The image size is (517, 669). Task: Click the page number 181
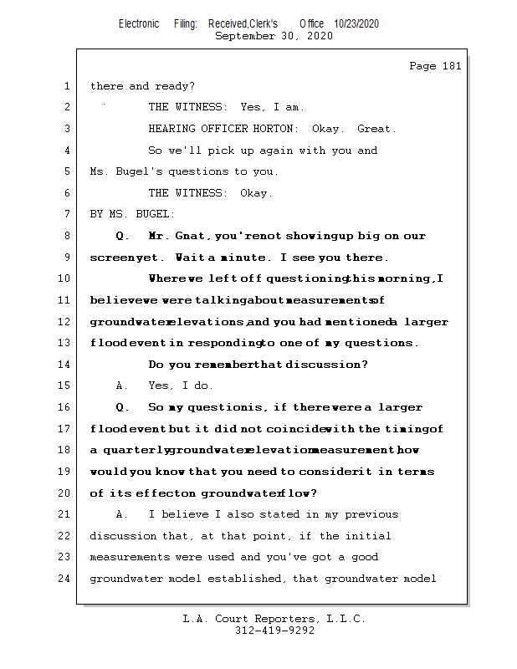(451, 66)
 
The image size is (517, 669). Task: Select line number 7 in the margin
(66, 214)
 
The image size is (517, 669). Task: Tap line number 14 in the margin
(66, 364)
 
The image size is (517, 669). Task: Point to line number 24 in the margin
(66, 578)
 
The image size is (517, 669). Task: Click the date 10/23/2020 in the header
(356, 24)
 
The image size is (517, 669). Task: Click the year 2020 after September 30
(320, 36)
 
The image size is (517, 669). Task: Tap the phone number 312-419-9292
(274, 631)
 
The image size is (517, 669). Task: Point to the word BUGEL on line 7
(148, 214)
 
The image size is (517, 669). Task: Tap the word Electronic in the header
(139, 24)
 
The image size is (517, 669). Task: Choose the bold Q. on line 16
(123, 407)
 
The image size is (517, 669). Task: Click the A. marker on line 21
(122, 514)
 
